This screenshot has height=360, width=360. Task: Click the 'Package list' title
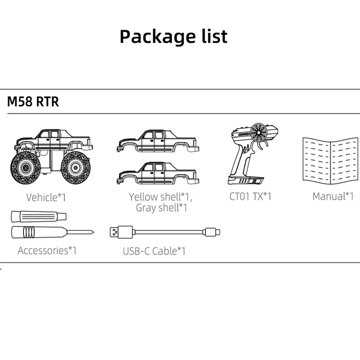174,36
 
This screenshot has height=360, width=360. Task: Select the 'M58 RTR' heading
33,102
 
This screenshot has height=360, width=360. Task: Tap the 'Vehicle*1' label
46,197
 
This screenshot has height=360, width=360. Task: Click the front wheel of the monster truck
25,168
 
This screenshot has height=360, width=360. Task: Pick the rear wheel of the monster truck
75,168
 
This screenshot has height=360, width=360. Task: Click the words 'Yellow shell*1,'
161,197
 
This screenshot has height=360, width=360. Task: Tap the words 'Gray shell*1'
162,208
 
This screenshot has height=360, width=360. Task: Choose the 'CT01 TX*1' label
250,197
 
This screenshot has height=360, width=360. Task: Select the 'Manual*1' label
333,197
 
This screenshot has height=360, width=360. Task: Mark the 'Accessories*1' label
47,250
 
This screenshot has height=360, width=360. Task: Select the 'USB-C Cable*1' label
154,251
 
